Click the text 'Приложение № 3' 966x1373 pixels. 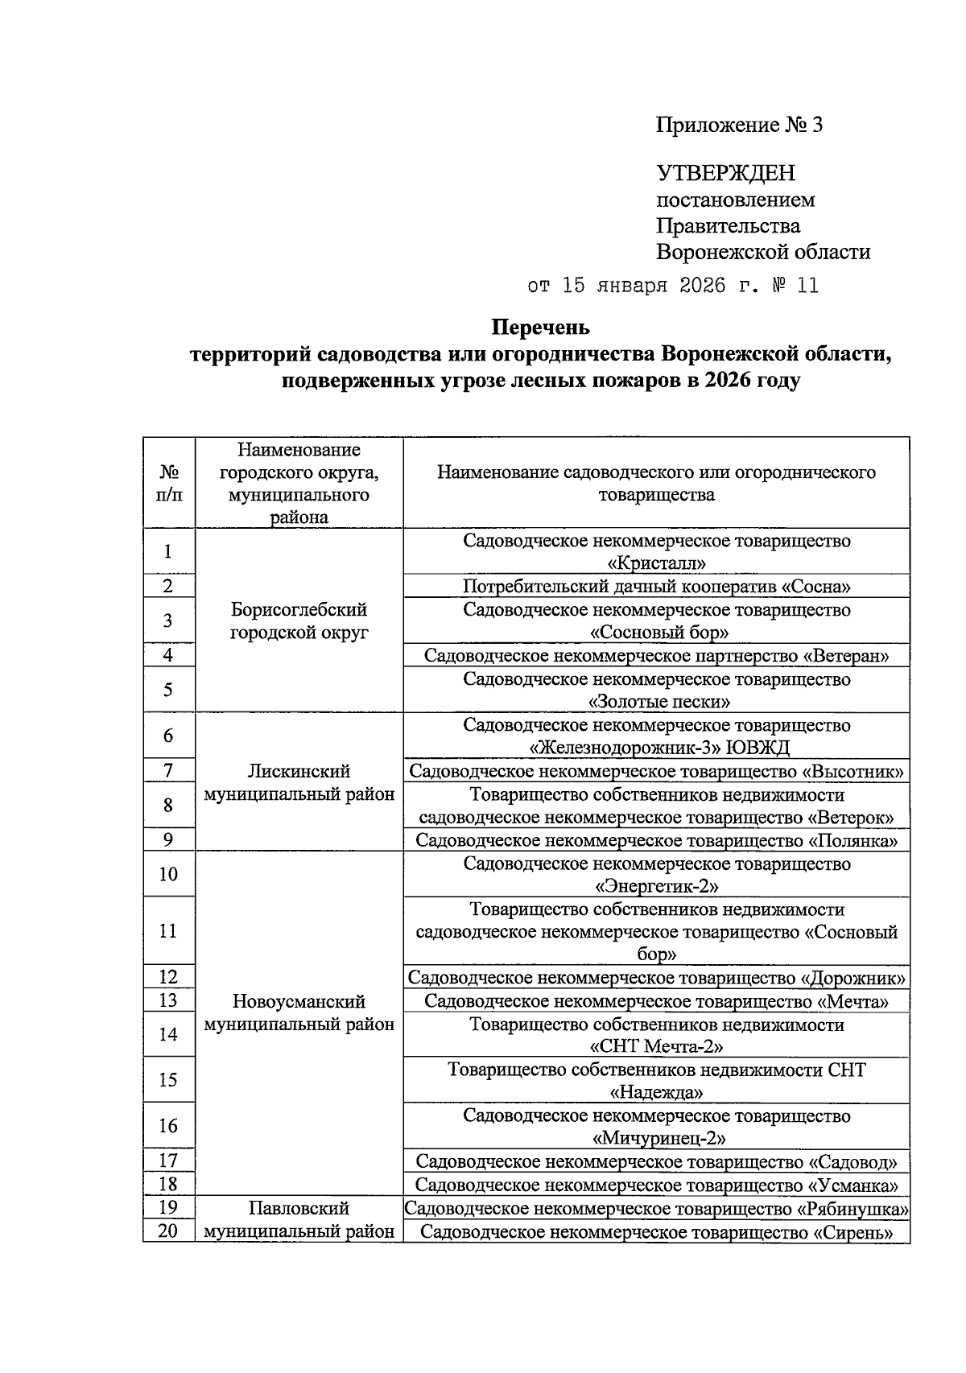pos(740,126)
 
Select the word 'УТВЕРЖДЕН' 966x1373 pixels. pos(726,173)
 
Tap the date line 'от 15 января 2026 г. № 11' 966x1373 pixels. pos(672,286)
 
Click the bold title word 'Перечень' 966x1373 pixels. pos(540,328)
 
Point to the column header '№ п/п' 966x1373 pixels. pos(168,483)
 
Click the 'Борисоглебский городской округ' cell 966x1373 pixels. pos(299,621)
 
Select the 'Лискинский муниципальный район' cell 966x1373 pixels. pos(299,782)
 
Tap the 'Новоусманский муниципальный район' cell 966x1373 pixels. pos(299,1012)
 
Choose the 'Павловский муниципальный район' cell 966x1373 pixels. pos(299,1219)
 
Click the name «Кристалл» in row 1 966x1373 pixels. pos(657,563)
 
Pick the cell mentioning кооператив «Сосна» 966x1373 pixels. pos(657,586)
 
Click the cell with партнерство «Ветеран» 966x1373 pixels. pos(657,655)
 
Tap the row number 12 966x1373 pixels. pos(168,977)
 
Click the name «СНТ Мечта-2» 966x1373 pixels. pos(657,1047)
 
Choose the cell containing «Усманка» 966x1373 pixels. pos(657,1185)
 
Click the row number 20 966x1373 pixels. pos(168,1231)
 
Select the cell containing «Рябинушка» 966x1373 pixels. pos(657,1208)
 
